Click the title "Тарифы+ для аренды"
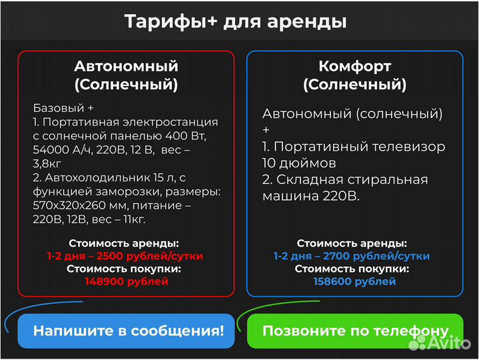coord(235,21)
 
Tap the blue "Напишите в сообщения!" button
coord(127,331)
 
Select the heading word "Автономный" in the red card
coord(126,66)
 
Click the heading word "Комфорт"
coord(354,66)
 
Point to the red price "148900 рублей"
coord(126,281)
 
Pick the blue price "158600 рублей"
coord(354,281)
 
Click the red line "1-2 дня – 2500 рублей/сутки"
coord(125,256)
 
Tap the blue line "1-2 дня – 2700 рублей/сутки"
coord(352,256)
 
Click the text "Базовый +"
coord(63,108)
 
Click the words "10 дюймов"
coord(299,163)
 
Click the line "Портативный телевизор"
coord(359,147)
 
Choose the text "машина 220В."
coord(310,196)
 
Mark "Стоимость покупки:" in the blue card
coord(352,269)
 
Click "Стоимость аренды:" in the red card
coord(124,243)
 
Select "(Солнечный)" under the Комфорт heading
coord(354,85)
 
